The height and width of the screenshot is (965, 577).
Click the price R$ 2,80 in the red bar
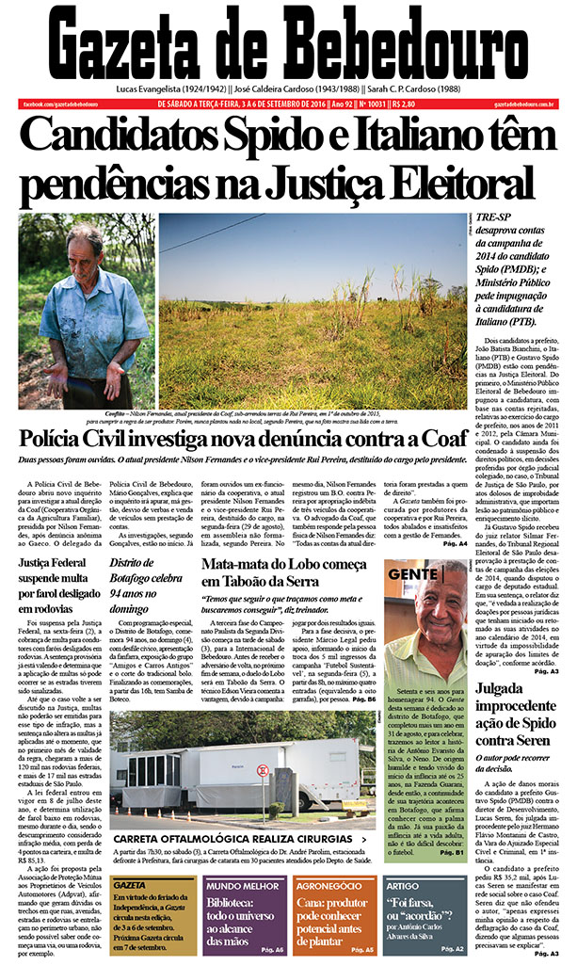[405, 104]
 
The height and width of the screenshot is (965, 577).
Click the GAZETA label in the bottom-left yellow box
[129, 886]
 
